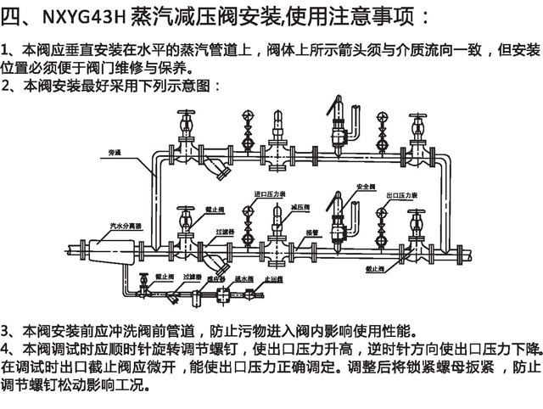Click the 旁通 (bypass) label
pyautogui.click(x=116, y=154)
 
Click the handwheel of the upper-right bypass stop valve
pyautogui.click(x=417, y=116)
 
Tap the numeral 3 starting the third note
pyautogui.click(x=6, y=329)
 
